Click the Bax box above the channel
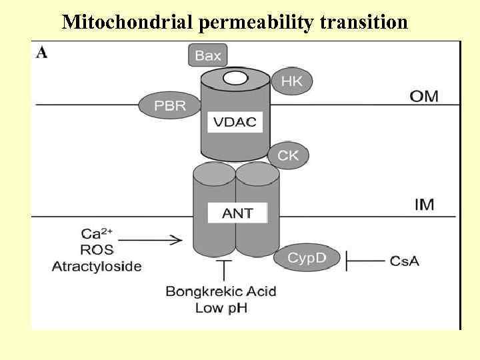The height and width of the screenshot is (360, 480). tap(208, 55)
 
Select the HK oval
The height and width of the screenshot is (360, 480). tap(291, 81)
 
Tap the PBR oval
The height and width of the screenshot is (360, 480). tap(170, 105)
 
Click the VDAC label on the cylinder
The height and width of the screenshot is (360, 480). tap(234, 122)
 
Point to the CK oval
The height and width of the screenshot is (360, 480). tap(289, 156)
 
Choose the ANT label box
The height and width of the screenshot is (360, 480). tap(237, 213)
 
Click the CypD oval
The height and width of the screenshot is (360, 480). tap(307, 257)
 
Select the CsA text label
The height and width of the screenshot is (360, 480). tap(405, 261)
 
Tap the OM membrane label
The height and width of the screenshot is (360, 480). tap(424, 96)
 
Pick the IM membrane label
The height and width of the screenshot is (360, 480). tap(425, 204)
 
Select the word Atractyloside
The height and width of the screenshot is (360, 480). tap(97, 266)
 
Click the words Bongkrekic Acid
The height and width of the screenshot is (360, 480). tap(221, 292)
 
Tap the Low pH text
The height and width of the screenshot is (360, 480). tap(221, 308)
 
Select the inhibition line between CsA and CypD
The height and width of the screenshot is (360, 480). tap(365, 261)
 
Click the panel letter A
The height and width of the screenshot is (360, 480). tap(41, 53)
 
